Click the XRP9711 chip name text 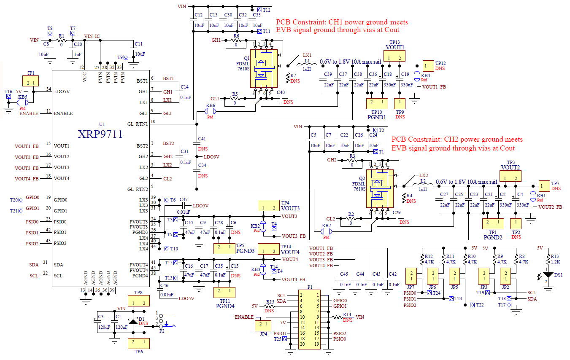(100, 134)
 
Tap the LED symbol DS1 (548, 275)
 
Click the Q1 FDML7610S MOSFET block (264, 67)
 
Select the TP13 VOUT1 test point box (395, 56)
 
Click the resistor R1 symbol (62, 40)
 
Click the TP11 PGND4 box (224, 292)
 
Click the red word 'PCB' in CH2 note (398, 140)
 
